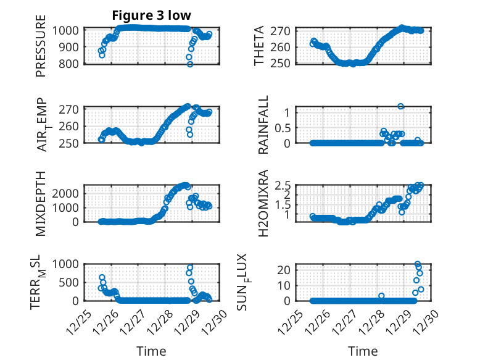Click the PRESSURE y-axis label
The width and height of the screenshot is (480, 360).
click(x=41, y=50)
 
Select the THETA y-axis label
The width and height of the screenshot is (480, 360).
click(x=260, y=46)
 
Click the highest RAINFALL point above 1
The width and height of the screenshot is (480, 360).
click(x=400, y=106)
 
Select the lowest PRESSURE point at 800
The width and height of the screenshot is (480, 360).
click(x=190, y=64)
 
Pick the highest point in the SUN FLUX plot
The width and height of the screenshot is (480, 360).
click(x=418, y=264)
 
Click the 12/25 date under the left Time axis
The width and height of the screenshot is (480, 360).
click(x=79, y=322)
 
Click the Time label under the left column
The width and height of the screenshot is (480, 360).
click(x=151, y=351)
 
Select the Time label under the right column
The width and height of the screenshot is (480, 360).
click(x=363, y=351)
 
